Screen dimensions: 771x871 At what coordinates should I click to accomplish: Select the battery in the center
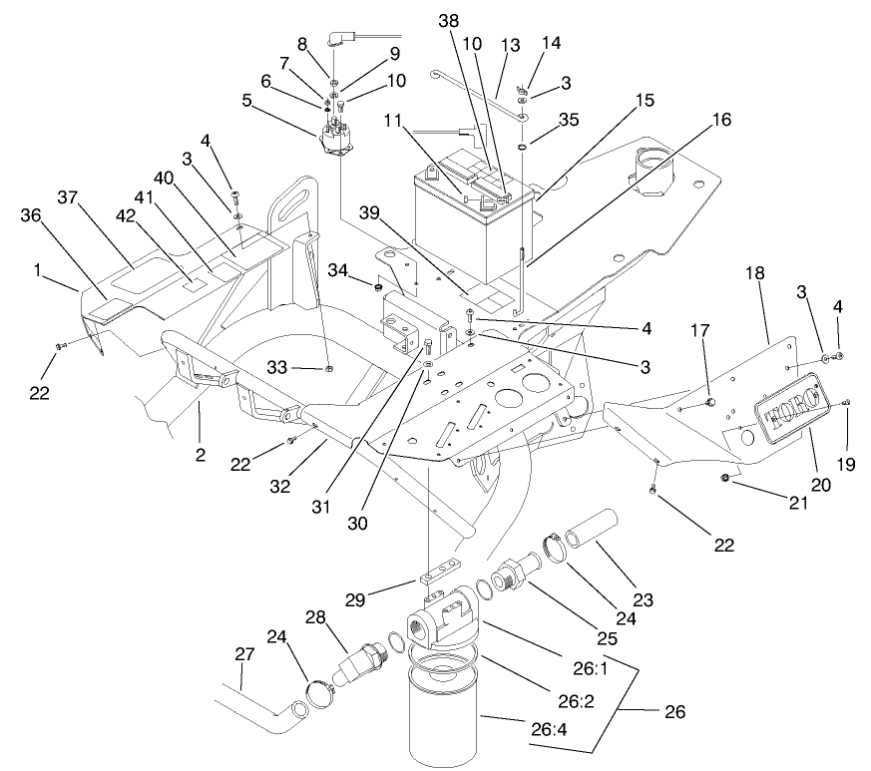[x=469, y=214]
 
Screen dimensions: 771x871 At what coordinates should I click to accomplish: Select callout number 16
[x=721, y=120]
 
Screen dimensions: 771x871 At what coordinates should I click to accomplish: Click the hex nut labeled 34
[x=379, y=288]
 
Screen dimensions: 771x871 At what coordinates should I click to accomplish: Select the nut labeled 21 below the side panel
[x=725, y=482]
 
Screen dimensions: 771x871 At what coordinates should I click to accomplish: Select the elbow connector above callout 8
[x=341, y=42]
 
